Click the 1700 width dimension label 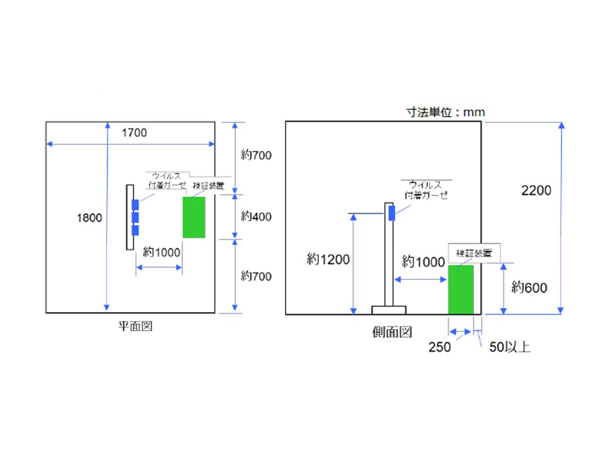pos(134,132)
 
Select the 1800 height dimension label pos(89,218)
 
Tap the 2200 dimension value pos(536,190)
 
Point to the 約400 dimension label pos(256,216)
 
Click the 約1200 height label pos(328,260)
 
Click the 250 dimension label pos(439,347)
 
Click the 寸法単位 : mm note pos(445,112)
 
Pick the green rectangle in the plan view pos(194,218)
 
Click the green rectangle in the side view pos(461,289)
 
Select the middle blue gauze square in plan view pos(135,218)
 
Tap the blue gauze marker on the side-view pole pos(391,213)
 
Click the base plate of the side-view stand pos(389,310)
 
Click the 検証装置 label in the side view pos(474,252)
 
